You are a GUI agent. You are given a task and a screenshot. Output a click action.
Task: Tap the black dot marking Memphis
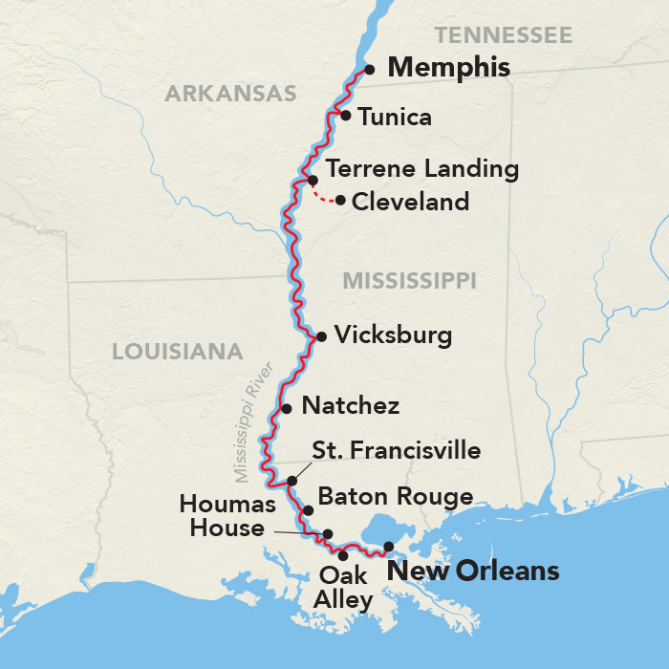pos(369,69)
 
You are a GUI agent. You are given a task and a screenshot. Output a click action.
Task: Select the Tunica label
pos(395,118)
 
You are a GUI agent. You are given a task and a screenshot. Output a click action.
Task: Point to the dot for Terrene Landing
pos(313,180)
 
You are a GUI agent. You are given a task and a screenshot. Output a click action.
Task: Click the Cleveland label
pos(411,202)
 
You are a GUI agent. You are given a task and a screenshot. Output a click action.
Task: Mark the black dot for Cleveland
pos(340,200)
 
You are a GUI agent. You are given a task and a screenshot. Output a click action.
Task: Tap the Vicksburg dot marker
pos(321,336)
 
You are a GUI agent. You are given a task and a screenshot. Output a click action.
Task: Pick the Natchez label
pos(350,406)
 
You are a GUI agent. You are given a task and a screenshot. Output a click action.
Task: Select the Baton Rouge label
pos(396,497)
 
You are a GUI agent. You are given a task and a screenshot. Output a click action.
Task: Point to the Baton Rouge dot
pos(308,510)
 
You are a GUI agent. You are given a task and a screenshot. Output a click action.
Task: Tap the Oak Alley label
pos(343,588)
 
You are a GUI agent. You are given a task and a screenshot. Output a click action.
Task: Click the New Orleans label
pos(471,572)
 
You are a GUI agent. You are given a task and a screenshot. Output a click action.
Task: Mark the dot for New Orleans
pos(388,547)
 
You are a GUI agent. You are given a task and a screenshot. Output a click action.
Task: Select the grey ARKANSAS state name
pos(230,94)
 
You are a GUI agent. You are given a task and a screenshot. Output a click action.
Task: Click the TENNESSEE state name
pos(503,36)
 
